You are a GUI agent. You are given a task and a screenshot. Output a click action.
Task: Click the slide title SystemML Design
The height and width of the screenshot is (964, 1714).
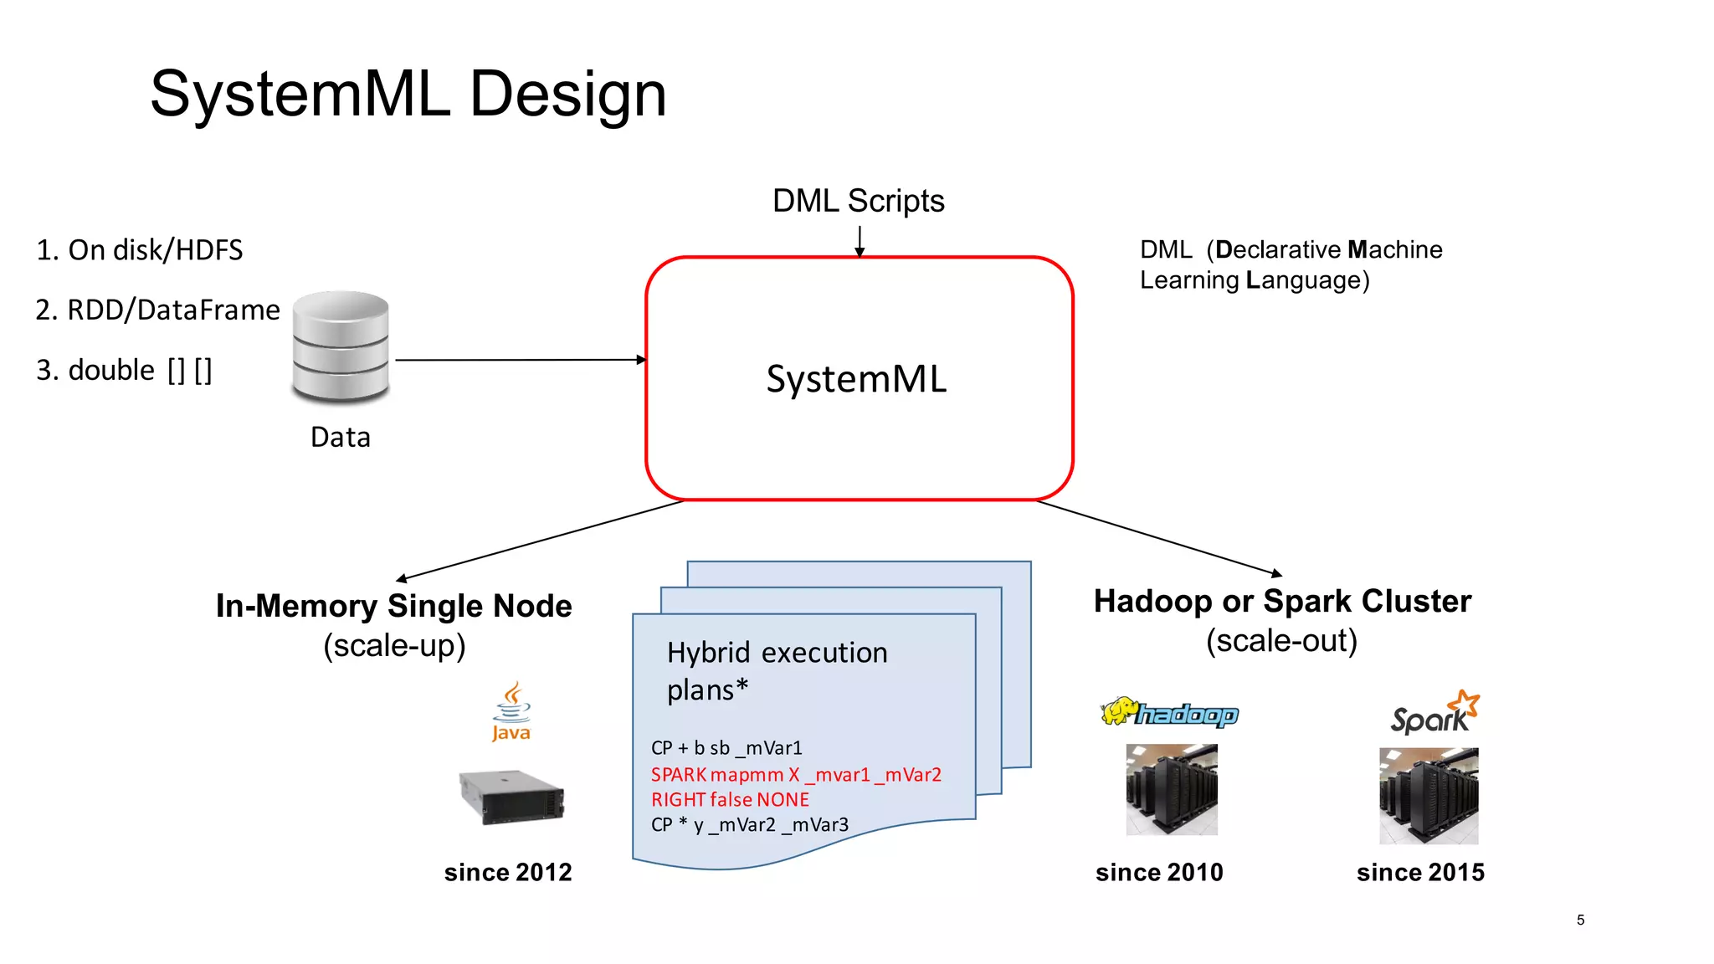click(408, 94)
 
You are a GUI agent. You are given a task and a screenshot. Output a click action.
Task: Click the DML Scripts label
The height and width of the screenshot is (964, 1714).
click(858, 201)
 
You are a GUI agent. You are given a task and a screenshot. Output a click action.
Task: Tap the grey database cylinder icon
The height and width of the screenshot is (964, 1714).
click(341, 346)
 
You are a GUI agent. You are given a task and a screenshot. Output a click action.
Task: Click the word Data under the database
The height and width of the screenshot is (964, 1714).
click(340, 437)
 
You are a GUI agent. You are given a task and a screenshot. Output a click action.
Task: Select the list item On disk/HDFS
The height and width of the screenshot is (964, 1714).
click(139, 250)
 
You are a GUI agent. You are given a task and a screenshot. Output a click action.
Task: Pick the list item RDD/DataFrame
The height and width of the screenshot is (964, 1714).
click(157, 310)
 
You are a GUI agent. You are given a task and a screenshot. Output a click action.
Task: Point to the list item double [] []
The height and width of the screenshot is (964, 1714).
click(124, 370)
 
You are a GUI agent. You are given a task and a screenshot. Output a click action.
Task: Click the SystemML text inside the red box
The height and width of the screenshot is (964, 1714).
click(856, 379)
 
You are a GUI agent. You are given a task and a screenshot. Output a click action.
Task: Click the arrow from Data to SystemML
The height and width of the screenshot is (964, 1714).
click(519, 360)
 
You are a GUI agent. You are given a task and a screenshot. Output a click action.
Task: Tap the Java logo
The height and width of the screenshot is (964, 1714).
click(511, 712)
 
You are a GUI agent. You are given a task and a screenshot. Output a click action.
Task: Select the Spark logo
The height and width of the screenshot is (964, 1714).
click(1434, 714)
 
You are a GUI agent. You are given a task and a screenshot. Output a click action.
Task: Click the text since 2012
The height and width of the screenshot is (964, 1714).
click(508, 872)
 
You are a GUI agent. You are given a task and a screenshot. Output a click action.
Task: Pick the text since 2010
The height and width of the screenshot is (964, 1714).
click(1159, 872)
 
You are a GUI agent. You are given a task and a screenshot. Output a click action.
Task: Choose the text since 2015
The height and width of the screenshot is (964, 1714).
click(1420, 872)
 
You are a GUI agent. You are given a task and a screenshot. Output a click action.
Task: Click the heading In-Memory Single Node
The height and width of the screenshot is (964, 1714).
click(393, 606)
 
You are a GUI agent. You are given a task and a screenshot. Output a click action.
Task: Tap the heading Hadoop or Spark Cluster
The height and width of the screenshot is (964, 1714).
click(1281, 601)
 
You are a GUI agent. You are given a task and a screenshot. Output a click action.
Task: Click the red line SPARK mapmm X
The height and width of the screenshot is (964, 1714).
click(795, 775)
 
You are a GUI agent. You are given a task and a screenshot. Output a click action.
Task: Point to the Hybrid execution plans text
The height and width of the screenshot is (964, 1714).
click(776, 670)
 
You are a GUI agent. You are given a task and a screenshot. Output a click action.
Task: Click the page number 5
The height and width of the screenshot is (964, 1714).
click(1580, 920)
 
